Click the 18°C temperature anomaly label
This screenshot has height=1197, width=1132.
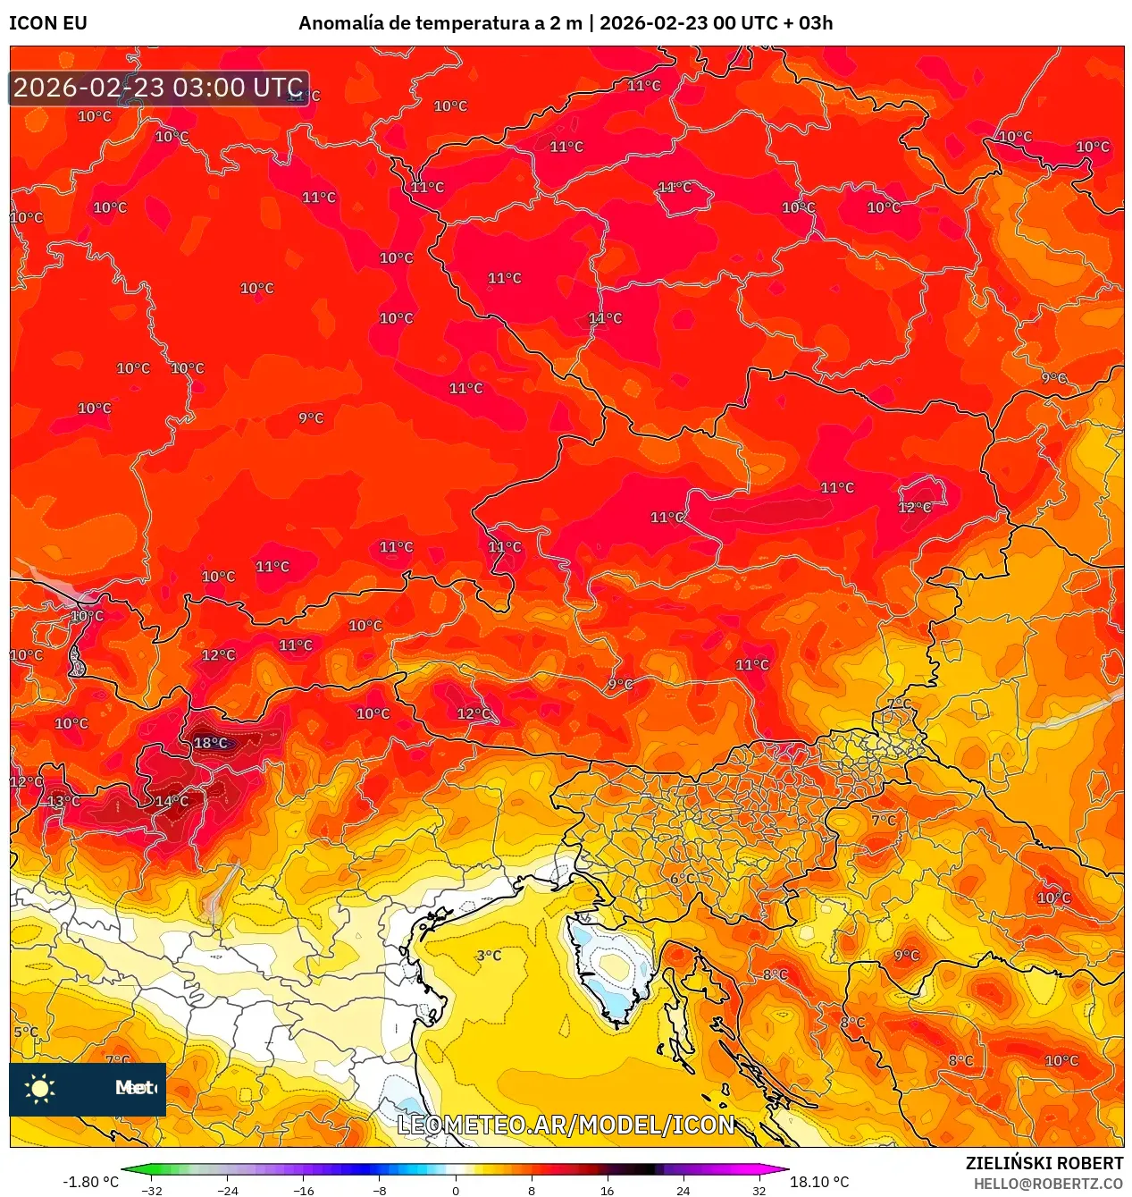(211, 743)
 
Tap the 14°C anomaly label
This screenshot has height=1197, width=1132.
(172, 801)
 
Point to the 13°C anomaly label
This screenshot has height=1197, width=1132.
(63, 801)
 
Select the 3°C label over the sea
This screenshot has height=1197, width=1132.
(489, 956)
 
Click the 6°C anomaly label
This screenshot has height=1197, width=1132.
(683, 879)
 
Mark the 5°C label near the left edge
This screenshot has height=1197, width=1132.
(26, 1032)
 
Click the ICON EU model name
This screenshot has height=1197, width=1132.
(48, 23)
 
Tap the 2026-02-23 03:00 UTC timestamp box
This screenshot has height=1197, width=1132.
(159, 88)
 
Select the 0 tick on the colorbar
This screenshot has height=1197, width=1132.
(456, 1190)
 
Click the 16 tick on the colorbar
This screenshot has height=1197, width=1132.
(608, 1190)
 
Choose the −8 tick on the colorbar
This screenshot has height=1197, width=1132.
(380, 1190)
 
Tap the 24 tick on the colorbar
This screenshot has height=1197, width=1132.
(683, 1190)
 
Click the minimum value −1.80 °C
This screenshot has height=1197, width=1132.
(90, 1182)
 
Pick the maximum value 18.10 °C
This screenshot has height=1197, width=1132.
(819, 1182)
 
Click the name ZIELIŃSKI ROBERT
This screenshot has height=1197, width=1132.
(1044, 1163)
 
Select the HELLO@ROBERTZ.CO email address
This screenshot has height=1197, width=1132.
(1048, 1184)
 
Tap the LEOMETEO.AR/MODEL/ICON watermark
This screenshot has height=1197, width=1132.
(566, 1125)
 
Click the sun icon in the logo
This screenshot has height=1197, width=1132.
(40, 1088)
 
